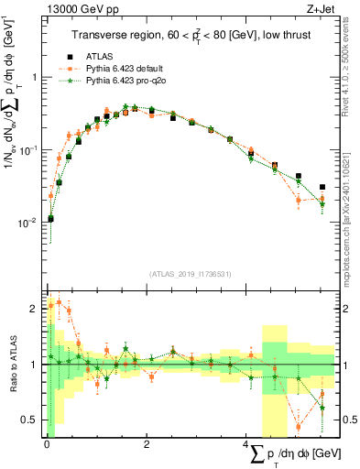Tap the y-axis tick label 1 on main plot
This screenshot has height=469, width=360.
coord(36,77)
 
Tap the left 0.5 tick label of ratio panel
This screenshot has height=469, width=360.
coord(32,420)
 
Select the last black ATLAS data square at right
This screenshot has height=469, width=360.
coord(322,187)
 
